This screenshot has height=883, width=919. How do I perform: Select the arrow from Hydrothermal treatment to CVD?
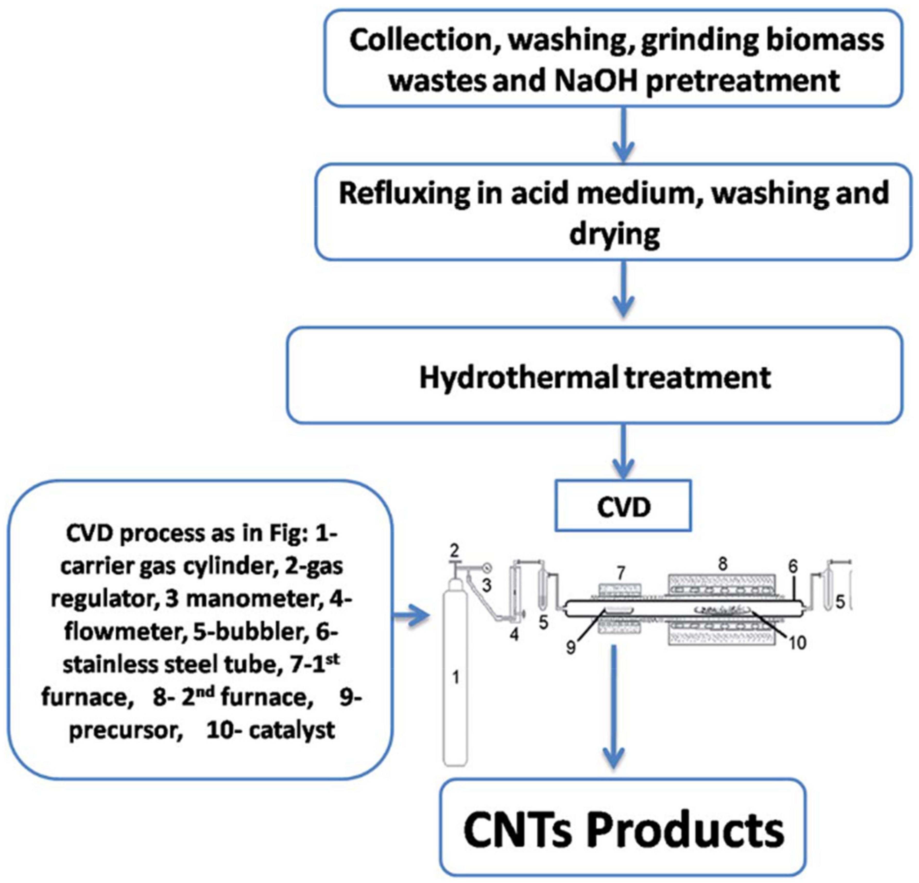(623, 453)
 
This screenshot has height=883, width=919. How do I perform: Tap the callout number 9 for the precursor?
(571, 648)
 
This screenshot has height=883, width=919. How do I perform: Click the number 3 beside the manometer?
(487, 586)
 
